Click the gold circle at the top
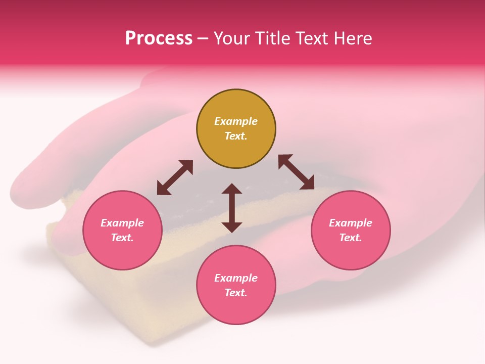[236, 129]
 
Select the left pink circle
[122, 230]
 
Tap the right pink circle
[351, 230]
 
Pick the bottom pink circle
[236, 285]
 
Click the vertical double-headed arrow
[232, 208]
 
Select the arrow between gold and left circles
[175, 177]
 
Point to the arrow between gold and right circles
[296, 172]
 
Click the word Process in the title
[159, 38]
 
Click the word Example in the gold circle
[236, 121]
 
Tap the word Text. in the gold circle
[236, 136]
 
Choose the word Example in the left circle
[122, 223]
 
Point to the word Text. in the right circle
[351, 238]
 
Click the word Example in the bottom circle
[236, 278]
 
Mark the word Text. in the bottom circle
[236, 293]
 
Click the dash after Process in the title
[203, 39]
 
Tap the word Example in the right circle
[351, 223]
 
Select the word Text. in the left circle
[122, 238]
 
